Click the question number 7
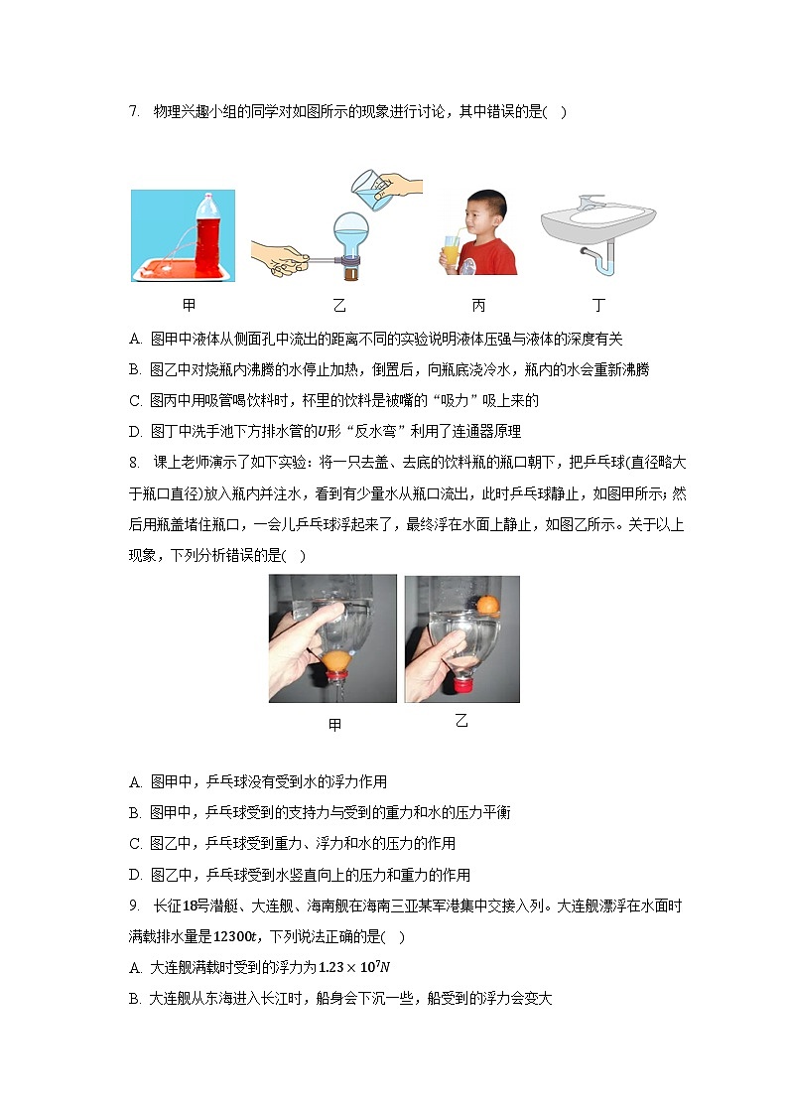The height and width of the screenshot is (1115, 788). click(134, 112)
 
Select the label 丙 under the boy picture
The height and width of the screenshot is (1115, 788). click(479, 306)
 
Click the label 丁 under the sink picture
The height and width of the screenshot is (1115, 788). click(598, 306)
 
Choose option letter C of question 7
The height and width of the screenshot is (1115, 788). click(135, 400)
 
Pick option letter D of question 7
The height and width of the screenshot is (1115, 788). click(135, 431)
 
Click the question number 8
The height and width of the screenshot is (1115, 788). click(134, 465)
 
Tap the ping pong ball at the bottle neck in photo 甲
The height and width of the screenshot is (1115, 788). click(335, 657)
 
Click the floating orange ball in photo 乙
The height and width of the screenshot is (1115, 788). click(486, 604)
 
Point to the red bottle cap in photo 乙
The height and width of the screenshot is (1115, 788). click(462, 683)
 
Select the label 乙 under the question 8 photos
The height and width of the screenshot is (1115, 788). click(460, 722)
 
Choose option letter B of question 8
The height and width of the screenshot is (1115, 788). click(135, 812)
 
